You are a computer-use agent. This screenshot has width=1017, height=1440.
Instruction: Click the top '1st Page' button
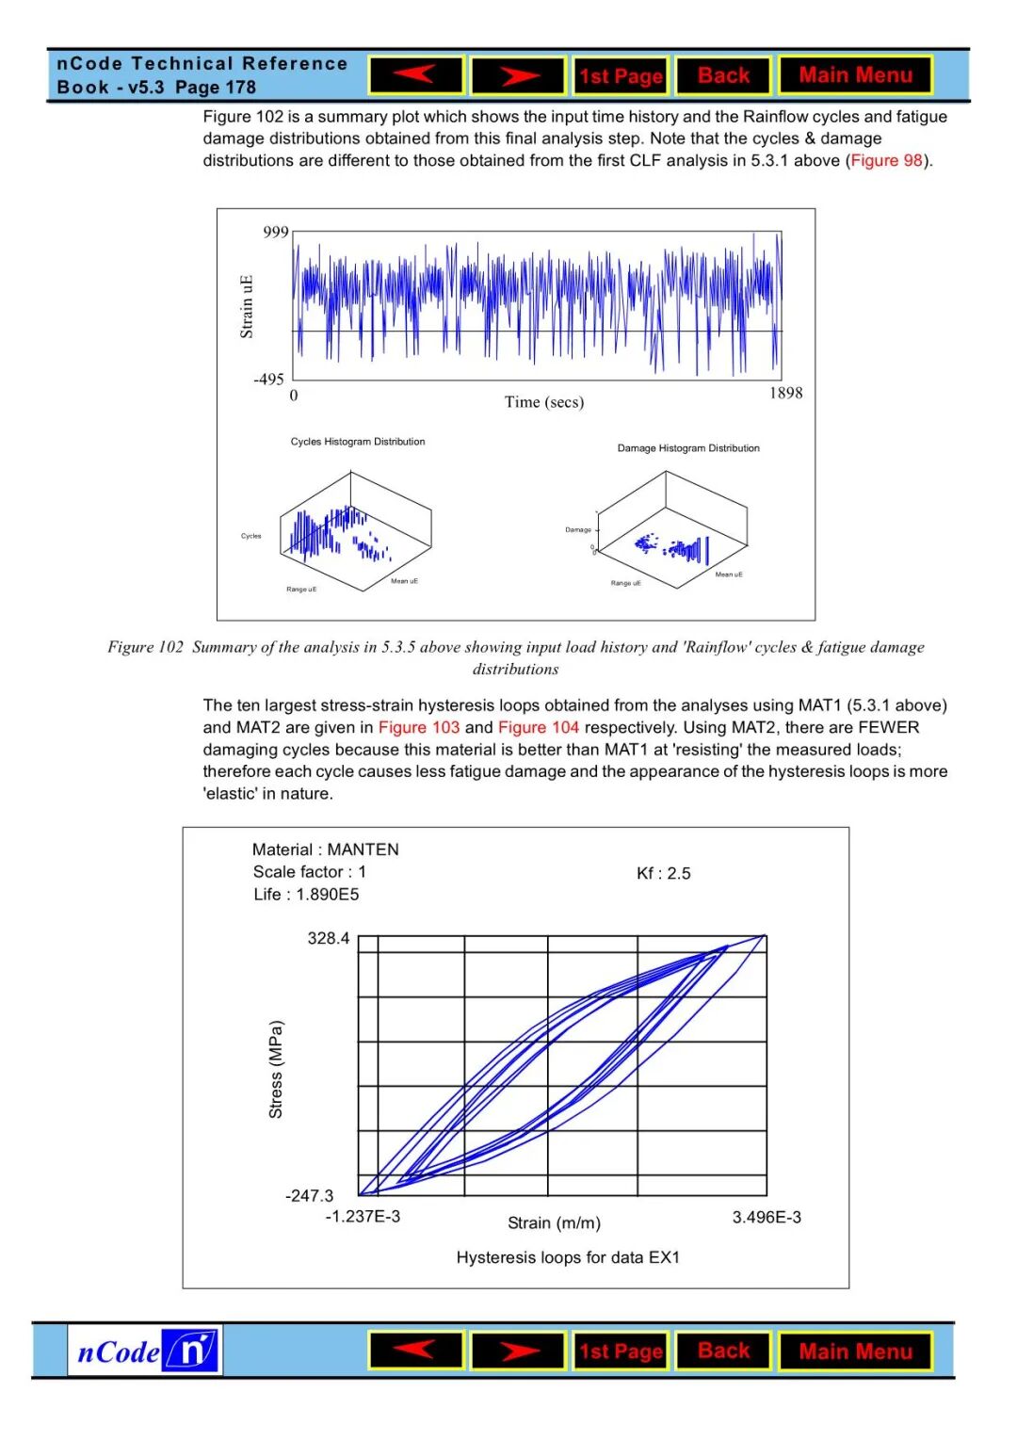tap(621, 76)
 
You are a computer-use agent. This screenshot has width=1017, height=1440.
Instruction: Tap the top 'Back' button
tap(723, 75)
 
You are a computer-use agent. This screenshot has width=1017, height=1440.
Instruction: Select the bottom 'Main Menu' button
tap(855, 1351)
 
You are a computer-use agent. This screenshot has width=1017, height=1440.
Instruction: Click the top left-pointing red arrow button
tap(416, 75)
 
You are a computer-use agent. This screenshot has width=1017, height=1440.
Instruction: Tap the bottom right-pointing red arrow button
tap(518, 1351)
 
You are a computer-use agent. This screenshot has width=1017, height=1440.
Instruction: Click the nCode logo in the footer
tap(145, 1351)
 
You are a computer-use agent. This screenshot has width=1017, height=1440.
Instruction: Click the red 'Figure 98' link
tap(886, 160)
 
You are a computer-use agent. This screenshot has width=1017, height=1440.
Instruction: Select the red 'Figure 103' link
tap(419, 727)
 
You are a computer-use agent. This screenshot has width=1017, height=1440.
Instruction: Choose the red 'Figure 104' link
tap(539, 727)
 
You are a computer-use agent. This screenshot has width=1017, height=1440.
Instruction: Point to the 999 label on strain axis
tap(276, 233)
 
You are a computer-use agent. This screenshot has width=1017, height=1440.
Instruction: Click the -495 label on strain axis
tap(268, 380)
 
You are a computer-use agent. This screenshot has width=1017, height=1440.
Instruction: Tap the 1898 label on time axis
tap(785, 393)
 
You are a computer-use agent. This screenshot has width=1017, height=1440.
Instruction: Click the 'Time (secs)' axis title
tap(544, 402)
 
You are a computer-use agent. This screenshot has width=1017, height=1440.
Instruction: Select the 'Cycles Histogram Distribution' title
tap(358, 442)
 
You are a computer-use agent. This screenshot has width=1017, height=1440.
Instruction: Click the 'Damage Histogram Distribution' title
tap(688, 448)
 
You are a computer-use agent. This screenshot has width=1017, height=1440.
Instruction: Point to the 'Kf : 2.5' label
tap(664, 874)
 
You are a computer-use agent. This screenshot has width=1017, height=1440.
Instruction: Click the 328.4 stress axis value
tap(329, 938)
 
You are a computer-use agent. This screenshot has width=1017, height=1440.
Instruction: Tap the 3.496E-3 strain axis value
tap(767, 1218)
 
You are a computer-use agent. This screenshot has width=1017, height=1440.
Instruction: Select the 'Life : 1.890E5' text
tap(306, 895)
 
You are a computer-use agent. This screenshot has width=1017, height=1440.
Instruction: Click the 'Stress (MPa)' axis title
tap(276, 1070)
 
